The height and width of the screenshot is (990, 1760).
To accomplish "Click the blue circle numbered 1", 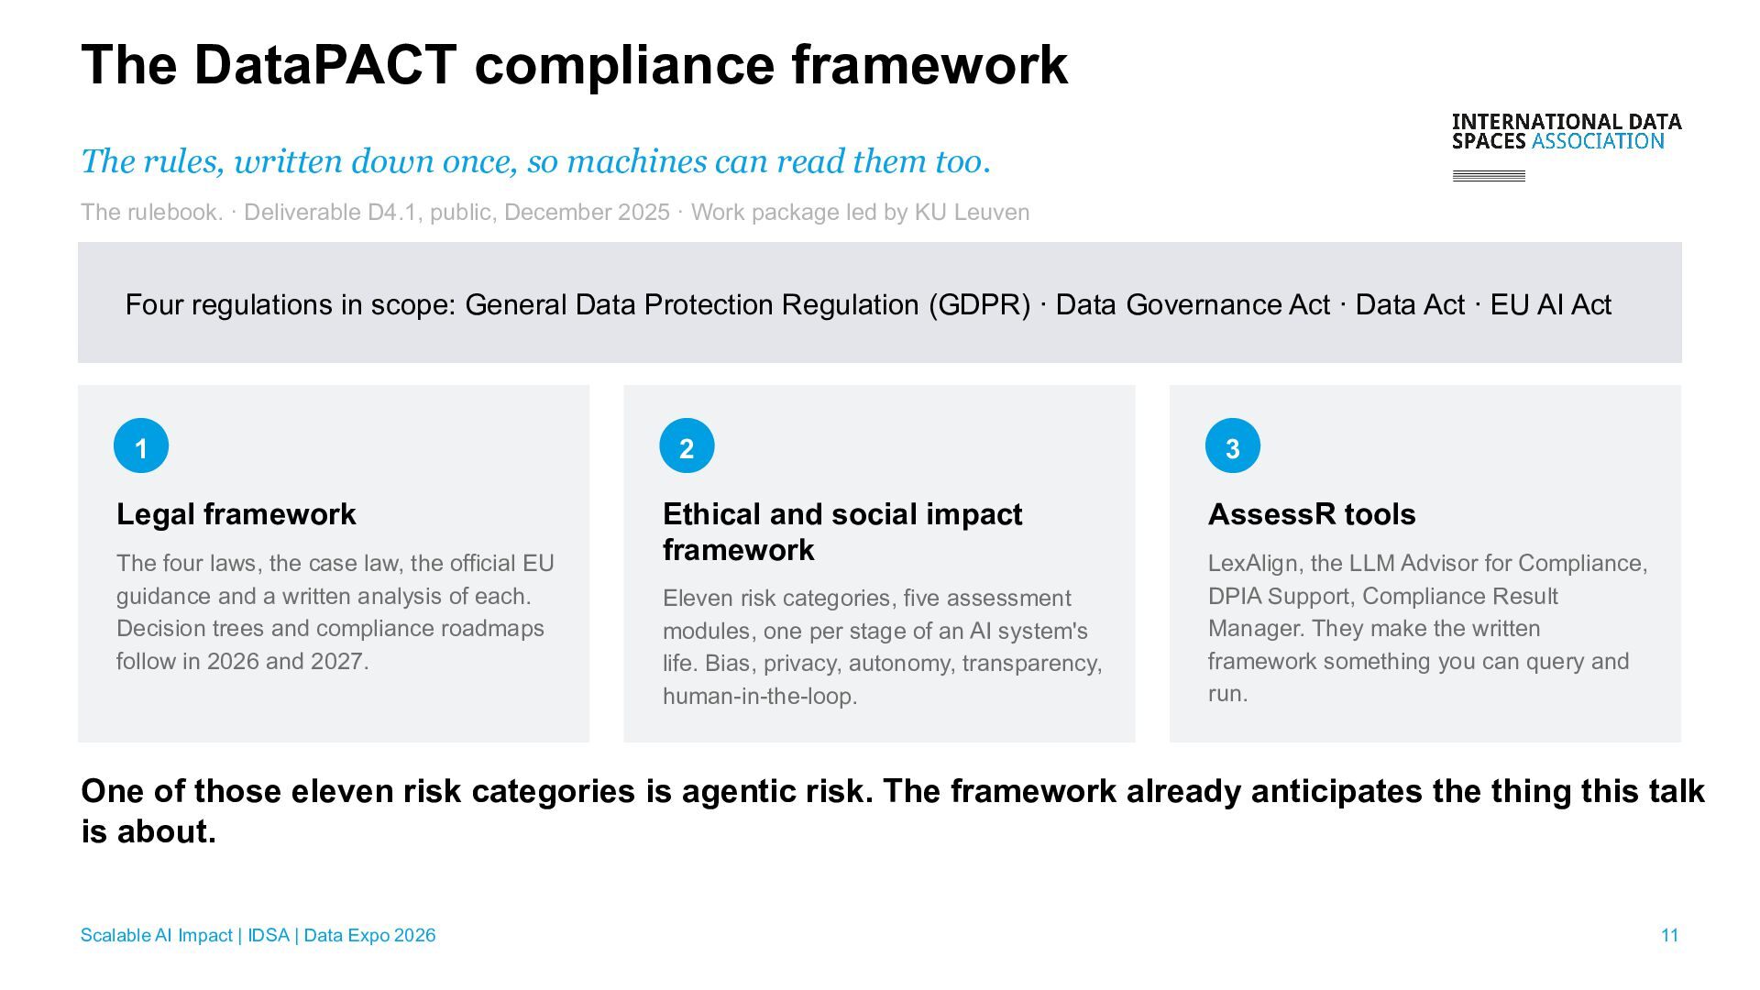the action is coord(141,445).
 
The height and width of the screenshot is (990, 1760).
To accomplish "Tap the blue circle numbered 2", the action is coord(687,445).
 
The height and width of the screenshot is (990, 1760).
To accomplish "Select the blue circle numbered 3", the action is coord(1232,445).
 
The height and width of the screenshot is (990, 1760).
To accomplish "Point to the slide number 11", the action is coord(1669,935).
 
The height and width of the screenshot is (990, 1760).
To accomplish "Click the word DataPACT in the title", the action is coord(325,64).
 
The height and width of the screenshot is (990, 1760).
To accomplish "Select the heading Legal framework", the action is coord(236,514).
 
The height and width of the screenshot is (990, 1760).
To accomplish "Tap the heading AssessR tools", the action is coord(1312,514).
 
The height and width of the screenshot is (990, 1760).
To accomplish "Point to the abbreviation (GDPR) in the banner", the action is coord(979,304).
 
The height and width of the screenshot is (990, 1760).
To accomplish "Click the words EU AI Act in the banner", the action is coord(1551,304).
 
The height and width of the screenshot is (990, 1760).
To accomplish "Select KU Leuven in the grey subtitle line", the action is coord(972,212).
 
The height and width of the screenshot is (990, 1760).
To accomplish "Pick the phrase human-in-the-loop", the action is coord(760,696).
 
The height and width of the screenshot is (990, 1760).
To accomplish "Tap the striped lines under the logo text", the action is coord(1489,176).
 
